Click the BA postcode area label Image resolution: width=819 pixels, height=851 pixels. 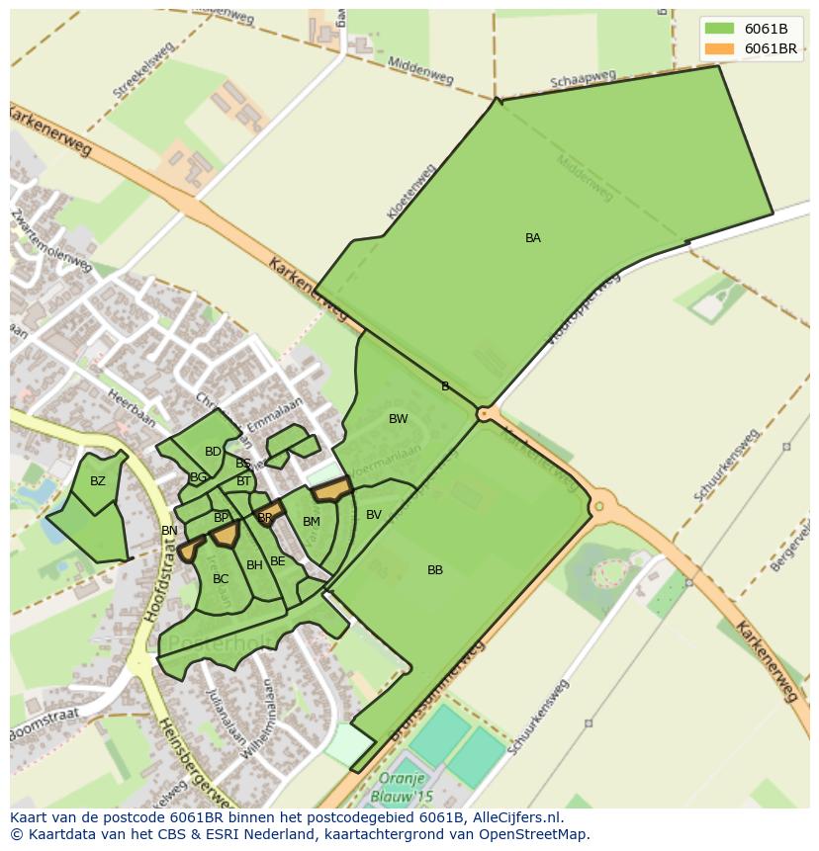pyautogui.click(x=532, y=238)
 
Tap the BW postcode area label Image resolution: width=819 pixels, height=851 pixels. pyautogui.click(x=398, y=419)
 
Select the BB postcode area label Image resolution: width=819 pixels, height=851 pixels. pyautogui.click(x=435, y=570)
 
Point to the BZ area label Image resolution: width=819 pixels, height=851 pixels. pyautogui.click(x=97, y=482)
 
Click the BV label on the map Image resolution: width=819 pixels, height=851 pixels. pyautogui.click(x=373, y=515)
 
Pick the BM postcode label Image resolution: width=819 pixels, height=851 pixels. pyautogui.click(x=312, y=522)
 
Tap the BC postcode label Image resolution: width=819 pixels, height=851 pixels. pyautogui.click(x=221, y=579)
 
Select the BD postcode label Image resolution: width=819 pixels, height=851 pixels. pyautogui.click(x=213, y=452)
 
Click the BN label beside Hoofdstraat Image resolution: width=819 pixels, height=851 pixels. pyautogui.click(x=169, y=531)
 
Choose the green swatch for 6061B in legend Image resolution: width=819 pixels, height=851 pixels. pyautogui.click(x=719, y=28)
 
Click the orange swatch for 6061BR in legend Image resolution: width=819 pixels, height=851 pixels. pyautogui.click(x=719, y=48)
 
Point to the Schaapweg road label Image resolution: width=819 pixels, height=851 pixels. pyautogui.click(x=584, y=79)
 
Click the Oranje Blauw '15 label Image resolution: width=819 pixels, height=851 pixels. pyautogui.click(x=403, y=786)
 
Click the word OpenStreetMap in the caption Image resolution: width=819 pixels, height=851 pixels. pyautogui.click(x=533, y=834)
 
